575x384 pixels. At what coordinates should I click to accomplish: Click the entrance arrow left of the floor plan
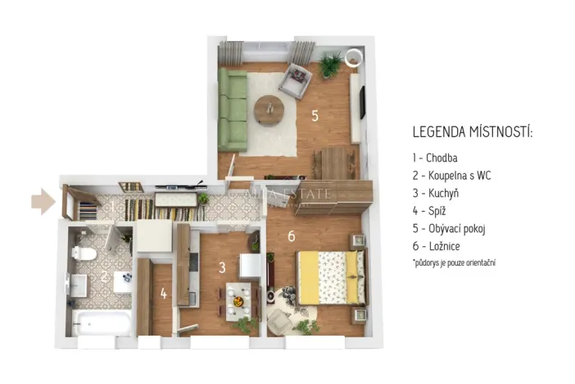[43, 201]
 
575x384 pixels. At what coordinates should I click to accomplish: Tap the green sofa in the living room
[233, 108]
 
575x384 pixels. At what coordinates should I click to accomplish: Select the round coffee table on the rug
[268, 110]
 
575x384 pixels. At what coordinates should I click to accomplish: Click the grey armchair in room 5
[295, 81]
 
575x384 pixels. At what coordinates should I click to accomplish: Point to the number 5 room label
[315, 116]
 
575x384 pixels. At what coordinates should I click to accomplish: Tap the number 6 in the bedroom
[291, 237]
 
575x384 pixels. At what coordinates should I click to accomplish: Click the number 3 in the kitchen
[221, 267]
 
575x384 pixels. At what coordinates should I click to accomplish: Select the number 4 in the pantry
[164, 293]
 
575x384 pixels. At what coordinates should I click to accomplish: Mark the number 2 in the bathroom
[104, 277]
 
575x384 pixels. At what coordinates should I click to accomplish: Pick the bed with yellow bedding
[330, 277]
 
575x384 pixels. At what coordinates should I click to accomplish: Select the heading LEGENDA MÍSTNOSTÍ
[473, 131]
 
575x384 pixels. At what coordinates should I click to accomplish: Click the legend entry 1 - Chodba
[435, 158]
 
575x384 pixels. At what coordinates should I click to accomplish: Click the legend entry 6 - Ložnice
[437, 246]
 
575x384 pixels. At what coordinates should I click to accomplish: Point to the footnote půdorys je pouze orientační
[455, 263]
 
